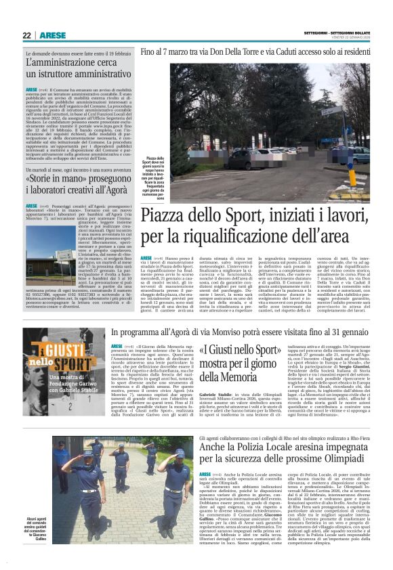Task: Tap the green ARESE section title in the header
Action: [x=52, y=35]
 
